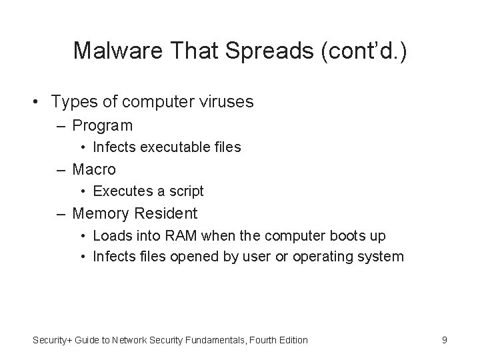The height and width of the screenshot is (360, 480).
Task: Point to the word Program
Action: (103, 125)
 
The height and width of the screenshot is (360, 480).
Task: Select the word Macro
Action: (94, 169)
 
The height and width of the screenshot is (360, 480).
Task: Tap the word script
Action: (186, 191)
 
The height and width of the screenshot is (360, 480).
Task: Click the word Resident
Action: (167, 213)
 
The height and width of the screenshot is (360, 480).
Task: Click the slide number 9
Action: (444, 340)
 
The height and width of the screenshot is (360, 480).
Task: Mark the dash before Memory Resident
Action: (61, 214)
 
